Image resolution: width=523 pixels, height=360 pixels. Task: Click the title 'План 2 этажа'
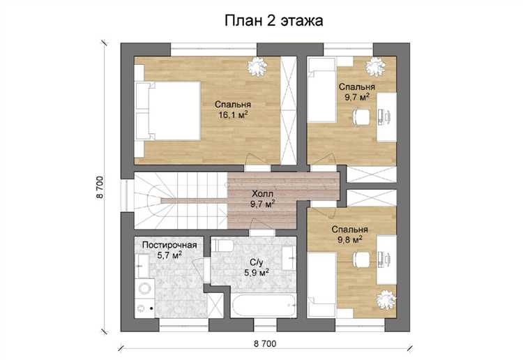point(273,21)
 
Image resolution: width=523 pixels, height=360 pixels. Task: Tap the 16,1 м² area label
point(233,115)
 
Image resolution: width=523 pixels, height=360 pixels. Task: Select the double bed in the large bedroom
point(168,110)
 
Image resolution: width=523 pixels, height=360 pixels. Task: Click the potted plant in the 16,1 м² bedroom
point(257,66)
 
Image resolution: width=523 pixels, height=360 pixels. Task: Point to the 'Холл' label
point(262,193)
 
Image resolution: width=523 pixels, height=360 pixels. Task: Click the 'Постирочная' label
point(169,245)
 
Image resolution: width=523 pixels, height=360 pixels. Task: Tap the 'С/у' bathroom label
point(257,262)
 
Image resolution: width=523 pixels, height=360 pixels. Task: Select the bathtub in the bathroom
point(264,305)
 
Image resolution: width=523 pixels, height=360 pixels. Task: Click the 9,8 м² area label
point(349,240)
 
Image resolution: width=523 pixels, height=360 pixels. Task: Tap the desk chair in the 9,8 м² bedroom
point(361,259)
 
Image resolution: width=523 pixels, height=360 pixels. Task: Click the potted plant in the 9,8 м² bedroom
point(386,300)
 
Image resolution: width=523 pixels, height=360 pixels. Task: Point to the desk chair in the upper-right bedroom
point(361,117)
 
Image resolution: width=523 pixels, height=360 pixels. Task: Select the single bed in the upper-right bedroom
point(321,90)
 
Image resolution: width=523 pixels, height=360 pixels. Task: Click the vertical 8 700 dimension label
point(100,187)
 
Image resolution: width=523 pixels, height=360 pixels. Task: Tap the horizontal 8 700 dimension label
point(265,344)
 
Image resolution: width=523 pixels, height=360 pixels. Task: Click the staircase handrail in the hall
point(194,200)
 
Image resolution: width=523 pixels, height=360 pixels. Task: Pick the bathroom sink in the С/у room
point(289,259)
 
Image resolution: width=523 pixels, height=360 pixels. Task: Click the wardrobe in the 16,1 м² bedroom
point(288,110)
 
